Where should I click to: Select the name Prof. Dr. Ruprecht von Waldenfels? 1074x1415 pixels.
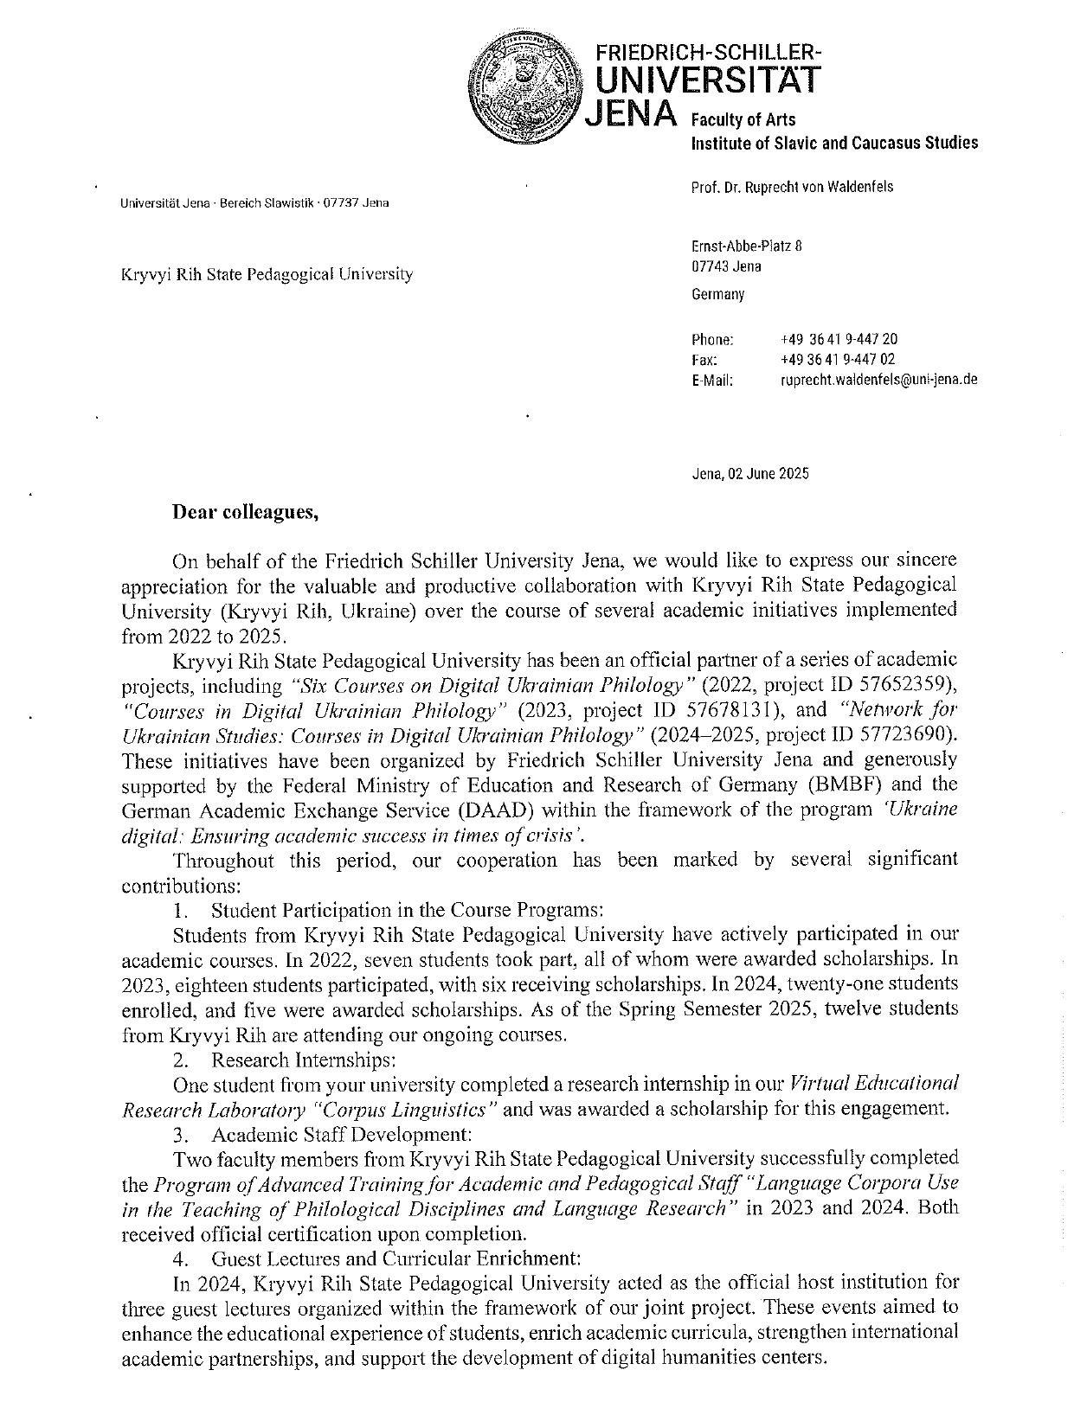tap(792, 187)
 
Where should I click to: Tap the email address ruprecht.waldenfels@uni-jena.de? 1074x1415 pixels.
tap(879, 379)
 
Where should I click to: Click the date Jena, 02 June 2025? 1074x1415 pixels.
tap(750, 473)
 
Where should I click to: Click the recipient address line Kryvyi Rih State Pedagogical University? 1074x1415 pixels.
tap(267, 274)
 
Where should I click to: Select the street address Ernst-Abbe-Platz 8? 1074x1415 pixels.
tap(747, 246)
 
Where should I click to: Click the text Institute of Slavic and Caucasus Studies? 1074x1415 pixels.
tap(834, 143)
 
